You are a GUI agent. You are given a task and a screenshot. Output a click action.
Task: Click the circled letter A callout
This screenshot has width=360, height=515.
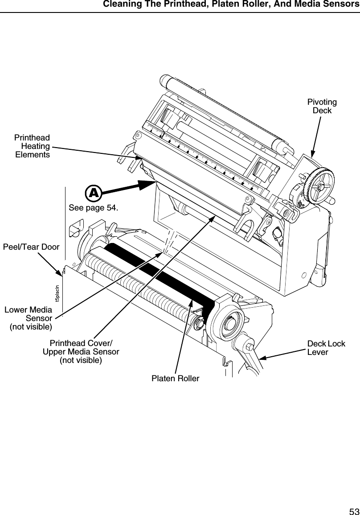(x=93, y=193)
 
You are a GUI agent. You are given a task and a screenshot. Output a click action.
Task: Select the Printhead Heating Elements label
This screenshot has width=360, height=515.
(x=32, y=146)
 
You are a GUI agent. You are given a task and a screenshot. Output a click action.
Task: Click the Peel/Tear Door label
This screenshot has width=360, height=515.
(x=31, y=246)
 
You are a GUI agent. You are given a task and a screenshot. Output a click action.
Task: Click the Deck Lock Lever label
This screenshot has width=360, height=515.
(x=326, y=348)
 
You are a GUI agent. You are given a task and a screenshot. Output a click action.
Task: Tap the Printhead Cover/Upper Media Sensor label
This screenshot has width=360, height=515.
(x=81, y=351)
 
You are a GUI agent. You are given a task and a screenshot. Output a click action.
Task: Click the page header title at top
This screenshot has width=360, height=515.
(x=230, y=5)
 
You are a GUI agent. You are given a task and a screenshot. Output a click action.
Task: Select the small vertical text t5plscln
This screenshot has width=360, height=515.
(x=57, y=293)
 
